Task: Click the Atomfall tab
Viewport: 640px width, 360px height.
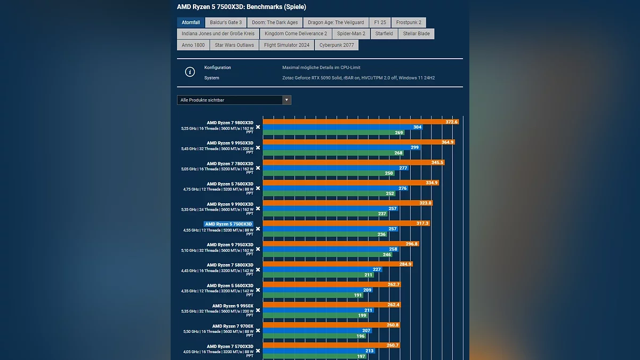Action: point(190,22)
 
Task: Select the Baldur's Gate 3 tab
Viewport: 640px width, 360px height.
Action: point(226,22)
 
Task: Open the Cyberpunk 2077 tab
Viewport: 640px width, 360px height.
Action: point(337,45)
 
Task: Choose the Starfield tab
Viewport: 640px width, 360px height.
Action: point(384,34)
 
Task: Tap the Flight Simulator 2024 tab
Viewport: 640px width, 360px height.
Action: point(286,45)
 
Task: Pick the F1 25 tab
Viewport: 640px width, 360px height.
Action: point(380,22)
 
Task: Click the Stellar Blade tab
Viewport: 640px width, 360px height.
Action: point(417,34)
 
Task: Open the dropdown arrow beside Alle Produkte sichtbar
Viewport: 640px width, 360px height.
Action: point(287,100)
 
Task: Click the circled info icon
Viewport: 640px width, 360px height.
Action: point(190,72)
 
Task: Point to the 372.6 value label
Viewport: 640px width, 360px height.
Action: point(452,122)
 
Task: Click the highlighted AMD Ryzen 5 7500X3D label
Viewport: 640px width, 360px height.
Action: point(229,224)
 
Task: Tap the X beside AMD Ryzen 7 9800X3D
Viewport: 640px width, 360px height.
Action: point(258,127)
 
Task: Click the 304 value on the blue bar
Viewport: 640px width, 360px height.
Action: point(418,127)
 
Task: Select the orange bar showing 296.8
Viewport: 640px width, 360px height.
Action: point(341,244)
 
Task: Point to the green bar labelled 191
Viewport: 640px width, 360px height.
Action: point(313,295)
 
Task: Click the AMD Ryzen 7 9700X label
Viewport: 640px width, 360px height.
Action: point(233,326)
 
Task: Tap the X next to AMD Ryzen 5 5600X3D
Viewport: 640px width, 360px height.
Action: point(258,290)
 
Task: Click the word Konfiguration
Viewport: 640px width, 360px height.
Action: point(218,68)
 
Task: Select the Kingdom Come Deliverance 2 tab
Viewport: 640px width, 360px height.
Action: point(295,34)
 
